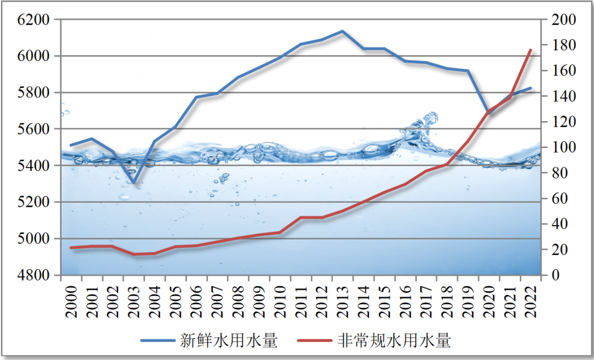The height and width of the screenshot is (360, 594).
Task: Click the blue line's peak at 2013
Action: (x=343, y=31)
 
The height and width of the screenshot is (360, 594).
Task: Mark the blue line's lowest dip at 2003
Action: (x=134, y=183)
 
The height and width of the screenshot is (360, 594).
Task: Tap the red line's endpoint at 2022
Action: (x=531, y=50)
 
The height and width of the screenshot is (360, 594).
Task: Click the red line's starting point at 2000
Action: (x=71, y=248)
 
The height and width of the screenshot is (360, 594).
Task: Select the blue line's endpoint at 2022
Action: (x=531, y=88)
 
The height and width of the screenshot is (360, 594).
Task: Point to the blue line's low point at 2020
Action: (x=489, y=114)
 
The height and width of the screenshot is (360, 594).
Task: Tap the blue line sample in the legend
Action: (x=157, y=341)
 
